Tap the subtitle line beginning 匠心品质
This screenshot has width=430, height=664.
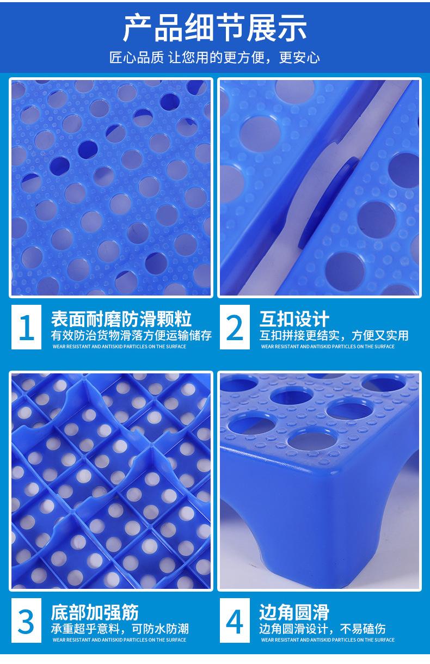[214, 58]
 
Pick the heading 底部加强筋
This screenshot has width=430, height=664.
[95, 612]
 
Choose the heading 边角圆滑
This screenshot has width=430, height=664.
[294, 612]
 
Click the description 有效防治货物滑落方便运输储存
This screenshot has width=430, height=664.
[131, 335]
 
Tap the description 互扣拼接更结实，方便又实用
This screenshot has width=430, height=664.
[334, 335]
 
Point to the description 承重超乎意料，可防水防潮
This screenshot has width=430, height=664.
[120, 629]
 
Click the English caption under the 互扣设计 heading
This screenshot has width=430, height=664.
[328, 347]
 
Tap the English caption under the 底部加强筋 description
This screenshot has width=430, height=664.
[119, 640]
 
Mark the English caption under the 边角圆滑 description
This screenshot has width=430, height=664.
[328, 640]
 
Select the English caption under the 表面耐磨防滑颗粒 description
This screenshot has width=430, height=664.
[119, 347]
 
